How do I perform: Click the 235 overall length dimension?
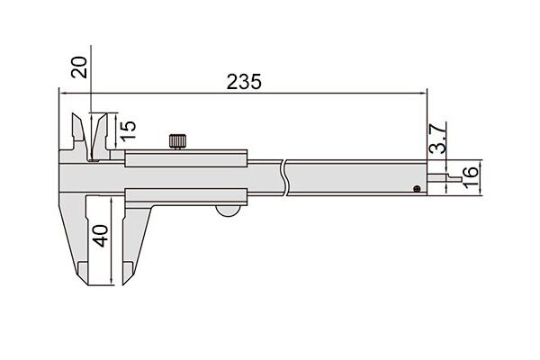(244, 82)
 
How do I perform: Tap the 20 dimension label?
(79, 67)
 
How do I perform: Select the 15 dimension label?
(128, 130)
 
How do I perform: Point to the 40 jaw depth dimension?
(101, 236)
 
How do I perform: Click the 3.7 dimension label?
(438, 138)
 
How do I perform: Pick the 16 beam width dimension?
(471, 177)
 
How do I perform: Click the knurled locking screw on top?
(177, 141)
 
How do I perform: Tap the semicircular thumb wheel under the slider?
(229, 211)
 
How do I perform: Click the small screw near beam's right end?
(417, 188)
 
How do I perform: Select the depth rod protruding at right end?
(445, 178)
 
